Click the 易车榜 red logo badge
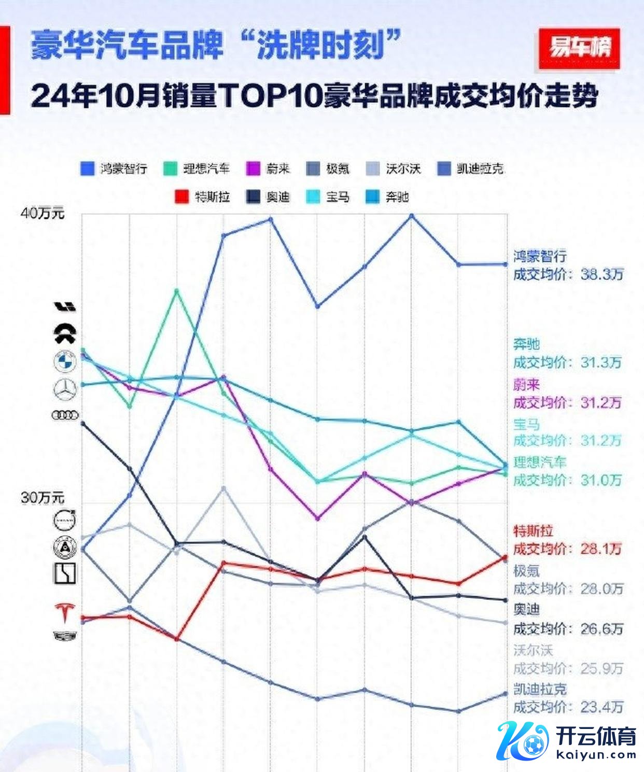click(579, 48)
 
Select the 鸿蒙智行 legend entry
click(114, 169)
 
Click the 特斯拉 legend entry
click(203, 197)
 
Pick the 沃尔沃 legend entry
click(394, 169)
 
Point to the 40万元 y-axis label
click(43, 213)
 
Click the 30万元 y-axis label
click(43, 498)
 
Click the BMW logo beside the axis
click(65, 361)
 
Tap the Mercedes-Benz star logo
click(65, 389)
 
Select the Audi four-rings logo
click(65, 415)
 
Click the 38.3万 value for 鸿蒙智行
click(601, 274)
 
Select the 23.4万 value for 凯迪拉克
click(601, 707)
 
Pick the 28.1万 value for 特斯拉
click(601, 549)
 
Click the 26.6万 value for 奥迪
click(601, 629)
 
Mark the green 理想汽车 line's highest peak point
click(176, 291)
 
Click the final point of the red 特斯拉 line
click(506, 557)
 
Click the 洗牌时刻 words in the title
click(321, 46)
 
